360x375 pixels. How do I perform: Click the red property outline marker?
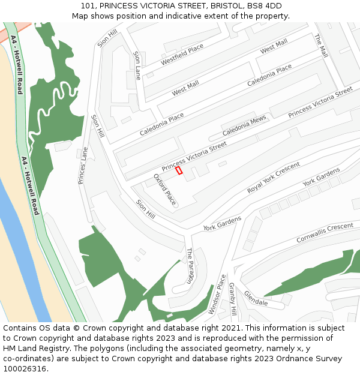point(179,170)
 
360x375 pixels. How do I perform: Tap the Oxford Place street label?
point(164,189)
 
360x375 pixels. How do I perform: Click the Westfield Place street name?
point(182,55)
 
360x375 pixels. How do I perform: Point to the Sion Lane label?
point(137,65)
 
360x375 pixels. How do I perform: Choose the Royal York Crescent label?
point(274,178)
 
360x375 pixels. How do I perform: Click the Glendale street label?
point(256,298)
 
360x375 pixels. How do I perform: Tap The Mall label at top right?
point(321,46)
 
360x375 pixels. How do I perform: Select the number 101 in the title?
point(88,5)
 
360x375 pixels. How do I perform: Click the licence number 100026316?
point(25,368)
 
